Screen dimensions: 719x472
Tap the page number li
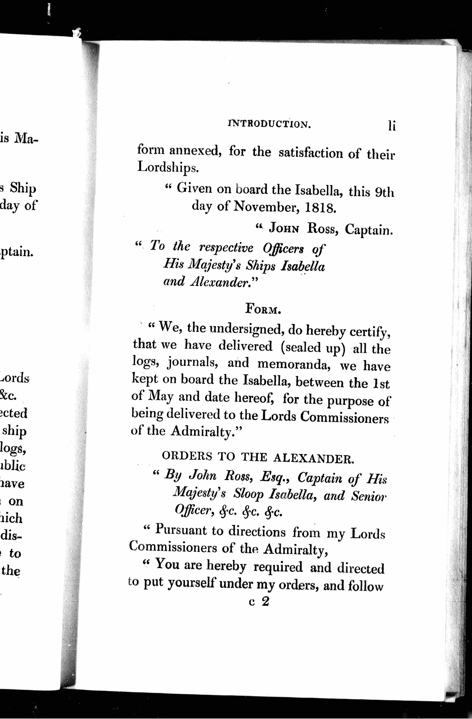(x=392, y=126)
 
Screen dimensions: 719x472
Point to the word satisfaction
(x=311, y=153)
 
